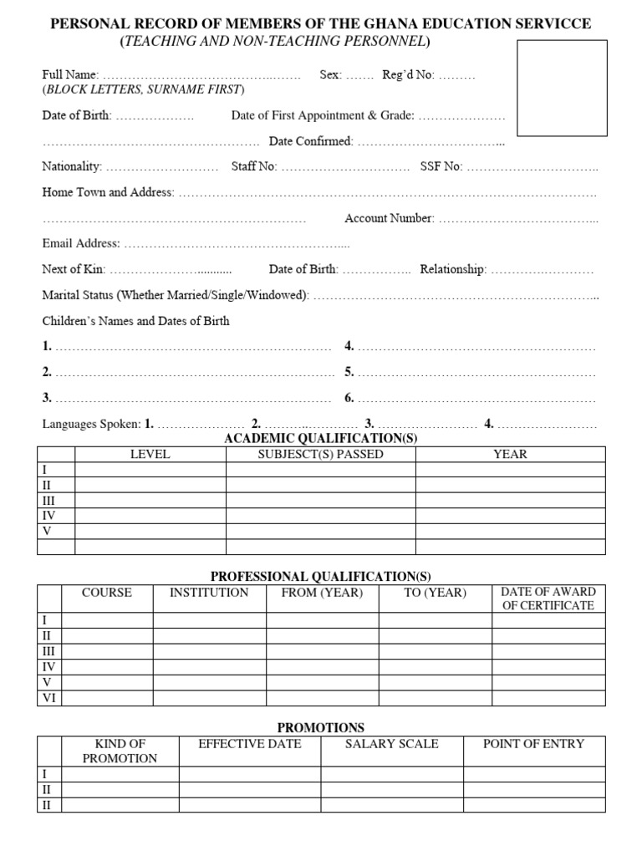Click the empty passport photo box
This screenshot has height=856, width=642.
tap(562, 88)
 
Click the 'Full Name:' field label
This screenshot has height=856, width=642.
tap(70, 74)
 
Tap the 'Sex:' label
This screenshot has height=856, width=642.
tap(330, 74)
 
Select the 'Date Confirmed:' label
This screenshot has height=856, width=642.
tap(311, 141)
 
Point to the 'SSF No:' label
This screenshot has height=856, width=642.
tap(441, 166)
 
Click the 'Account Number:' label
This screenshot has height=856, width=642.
tap(389, 218)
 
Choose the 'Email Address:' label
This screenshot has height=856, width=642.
tap(81, 244)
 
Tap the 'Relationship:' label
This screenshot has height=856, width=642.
tap(453, 269)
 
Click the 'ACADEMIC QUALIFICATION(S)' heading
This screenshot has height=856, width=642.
tap(320, 439)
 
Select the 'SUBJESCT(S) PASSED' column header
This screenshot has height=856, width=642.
tap(320, 454)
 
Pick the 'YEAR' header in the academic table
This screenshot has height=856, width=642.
tap(510, 454)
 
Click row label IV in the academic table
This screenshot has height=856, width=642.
tap(48, 516)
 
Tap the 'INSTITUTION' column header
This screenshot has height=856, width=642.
tap(209, 593)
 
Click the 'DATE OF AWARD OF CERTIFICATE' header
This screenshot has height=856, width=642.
tap(548, 599)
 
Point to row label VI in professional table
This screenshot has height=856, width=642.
tap(48, 698)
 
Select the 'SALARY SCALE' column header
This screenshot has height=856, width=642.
tap(392, 743)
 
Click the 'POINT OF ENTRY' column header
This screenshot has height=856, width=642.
tap(533, 743)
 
